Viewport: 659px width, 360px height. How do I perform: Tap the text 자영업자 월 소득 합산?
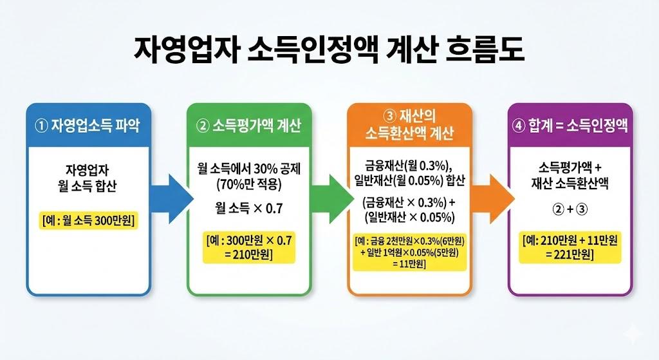click(89, 180)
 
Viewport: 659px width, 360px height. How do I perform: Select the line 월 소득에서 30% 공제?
click(248, 169)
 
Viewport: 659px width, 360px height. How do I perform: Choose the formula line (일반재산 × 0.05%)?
click(409, 216)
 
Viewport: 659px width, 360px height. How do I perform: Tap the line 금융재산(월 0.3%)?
click(409, 164)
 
